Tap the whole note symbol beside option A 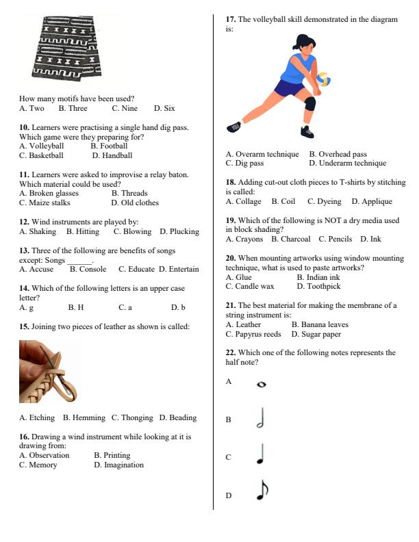click(261, 385)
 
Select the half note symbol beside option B click(260, 418)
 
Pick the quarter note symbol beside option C click(260, 454)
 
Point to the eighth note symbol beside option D click(262, 489)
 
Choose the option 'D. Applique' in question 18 click(372, 202)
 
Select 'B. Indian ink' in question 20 click(318, 277)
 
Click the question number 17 click(231, 20)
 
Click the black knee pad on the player click(309, 104)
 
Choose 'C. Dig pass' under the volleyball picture click(244, 164)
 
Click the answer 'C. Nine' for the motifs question click(125, 108)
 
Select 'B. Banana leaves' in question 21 click(320, 324)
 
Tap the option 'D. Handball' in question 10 click(112, 155)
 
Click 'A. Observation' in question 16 click(45, 455)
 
